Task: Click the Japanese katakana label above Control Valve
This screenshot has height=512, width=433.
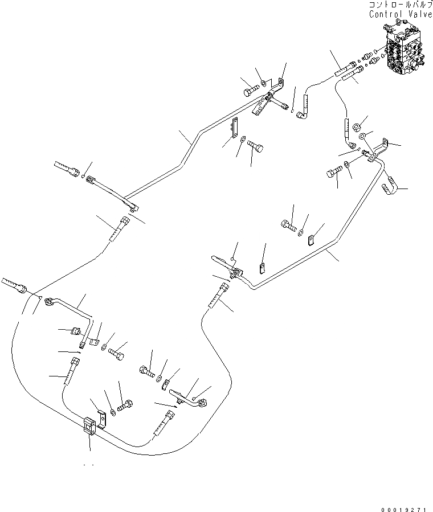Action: tap(397, 5)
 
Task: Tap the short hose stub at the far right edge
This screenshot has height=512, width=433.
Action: tap(390, 183)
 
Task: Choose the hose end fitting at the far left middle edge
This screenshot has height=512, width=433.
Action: tap(13, 284)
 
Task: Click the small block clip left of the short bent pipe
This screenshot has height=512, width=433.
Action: tap(77, 331)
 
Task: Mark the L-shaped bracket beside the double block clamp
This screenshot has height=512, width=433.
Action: tap(101, 419)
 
